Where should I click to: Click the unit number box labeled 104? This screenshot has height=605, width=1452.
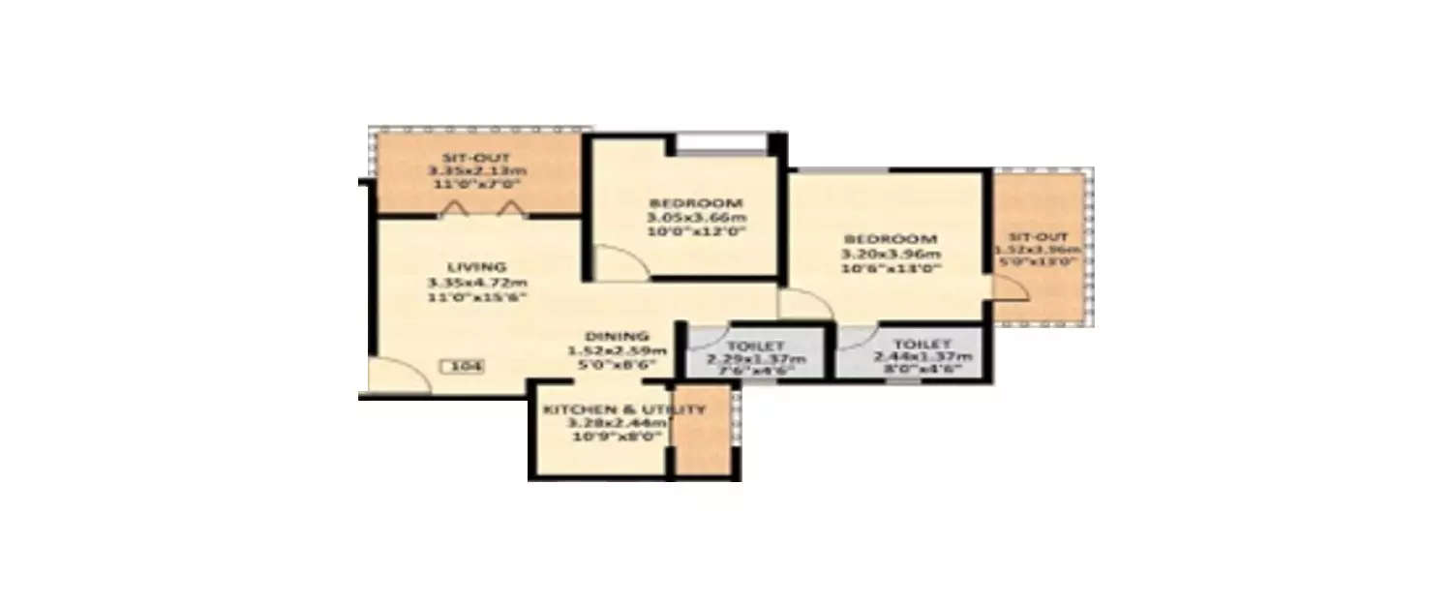point(461,367)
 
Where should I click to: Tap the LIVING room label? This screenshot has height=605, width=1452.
point(476,266)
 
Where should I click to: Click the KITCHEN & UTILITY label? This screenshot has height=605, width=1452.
point(623,410)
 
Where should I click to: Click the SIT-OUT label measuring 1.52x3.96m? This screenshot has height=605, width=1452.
point(1040,235)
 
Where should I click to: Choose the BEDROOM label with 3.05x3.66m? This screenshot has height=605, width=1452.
point(696,203)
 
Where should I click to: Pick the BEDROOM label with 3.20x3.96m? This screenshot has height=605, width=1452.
point(891,239)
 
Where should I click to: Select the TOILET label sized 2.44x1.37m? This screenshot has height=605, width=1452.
point(923,345)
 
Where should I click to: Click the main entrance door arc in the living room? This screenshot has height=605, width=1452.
point(402,376)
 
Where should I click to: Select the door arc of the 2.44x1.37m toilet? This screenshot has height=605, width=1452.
point(856,336)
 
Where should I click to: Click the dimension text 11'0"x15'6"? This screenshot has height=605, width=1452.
point(476,297)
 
